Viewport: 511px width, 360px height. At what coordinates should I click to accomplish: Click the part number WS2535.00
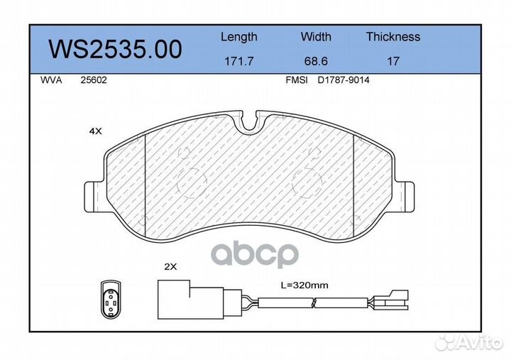tap(115, 50)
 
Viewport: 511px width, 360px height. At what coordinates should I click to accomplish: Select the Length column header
tap(239, 37)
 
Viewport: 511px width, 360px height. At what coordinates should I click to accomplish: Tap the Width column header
tap(316, 36)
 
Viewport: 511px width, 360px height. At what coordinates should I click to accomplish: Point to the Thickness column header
tap(393, 36)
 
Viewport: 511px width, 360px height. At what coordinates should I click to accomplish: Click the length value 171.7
tap(239, 61)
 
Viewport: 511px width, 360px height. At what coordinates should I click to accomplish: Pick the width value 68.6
tap(316, 61)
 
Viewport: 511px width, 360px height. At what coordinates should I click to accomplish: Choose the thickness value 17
tap(393, 61)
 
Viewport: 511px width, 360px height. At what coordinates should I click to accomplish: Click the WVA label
tap(51, 80)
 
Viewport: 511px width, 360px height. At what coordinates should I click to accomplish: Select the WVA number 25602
tap(94, 80)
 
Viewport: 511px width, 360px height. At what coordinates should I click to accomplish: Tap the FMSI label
tap(296, 80)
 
